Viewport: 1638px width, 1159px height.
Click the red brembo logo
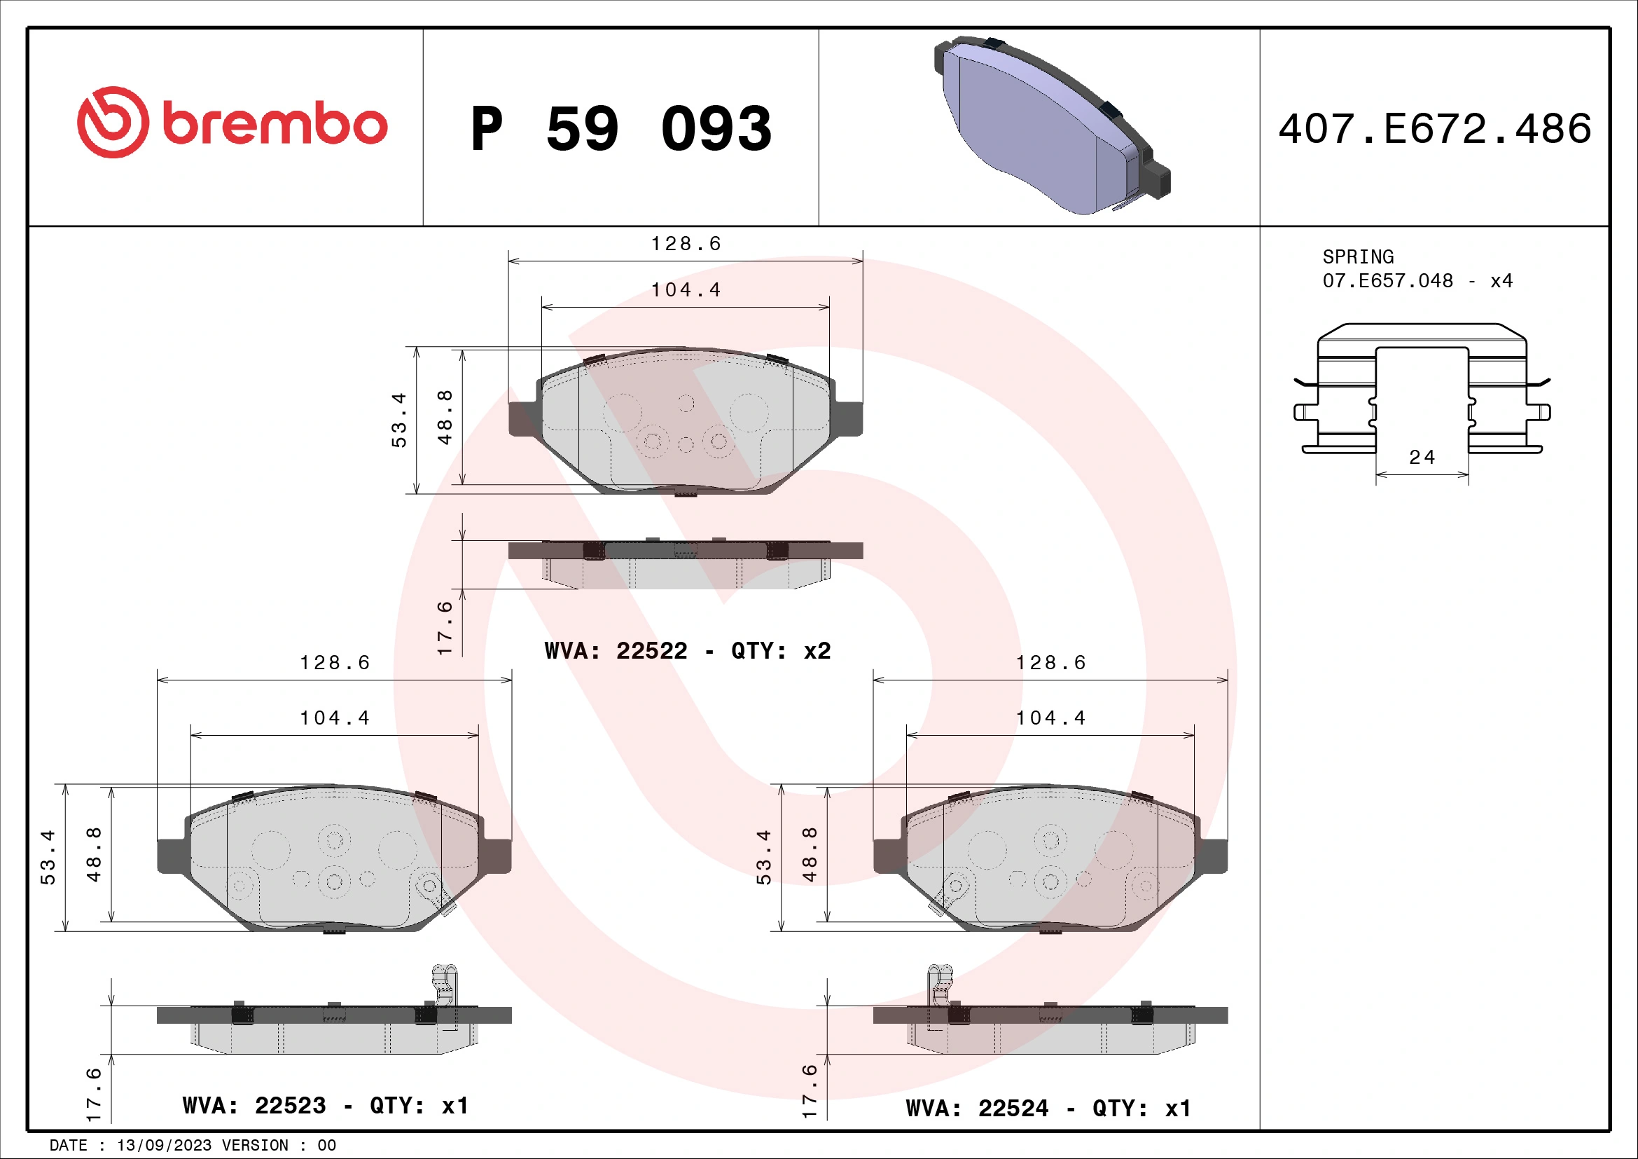232,123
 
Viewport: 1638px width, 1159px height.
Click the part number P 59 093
620,129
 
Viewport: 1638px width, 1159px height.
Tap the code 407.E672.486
1435,129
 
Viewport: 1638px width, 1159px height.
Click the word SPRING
1358,257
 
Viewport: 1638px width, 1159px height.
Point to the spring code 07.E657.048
1387,281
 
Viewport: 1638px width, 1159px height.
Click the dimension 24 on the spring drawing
1422,458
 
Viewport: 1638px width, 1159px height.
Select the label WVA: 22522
616,651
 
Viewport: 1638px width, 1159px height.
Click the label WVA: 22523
254,1106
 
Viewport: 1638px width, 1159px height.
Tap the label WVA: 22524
978,1109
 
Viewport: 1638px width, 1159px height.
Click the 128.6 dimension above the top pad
686,244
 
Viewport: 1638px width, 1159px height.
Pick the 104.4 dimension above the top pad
686,291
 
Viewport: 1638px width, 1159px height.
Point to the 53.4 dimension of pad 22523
48,857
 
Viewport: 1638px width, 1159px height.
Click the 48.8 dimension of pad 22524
810,854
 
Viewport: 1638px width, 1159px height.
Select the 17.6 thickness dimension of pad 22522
445,628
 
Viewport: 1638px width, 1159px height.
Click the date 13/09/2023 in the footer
164,1146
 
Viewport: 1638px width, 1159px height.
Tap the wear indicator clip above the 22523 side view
445,985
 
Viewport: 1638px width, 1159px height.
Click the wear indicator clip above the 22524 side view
940,985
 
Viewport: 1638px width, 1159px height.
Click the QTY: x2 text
782,651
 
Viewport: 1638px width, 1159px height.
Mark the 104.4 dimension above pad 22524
1050,718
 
